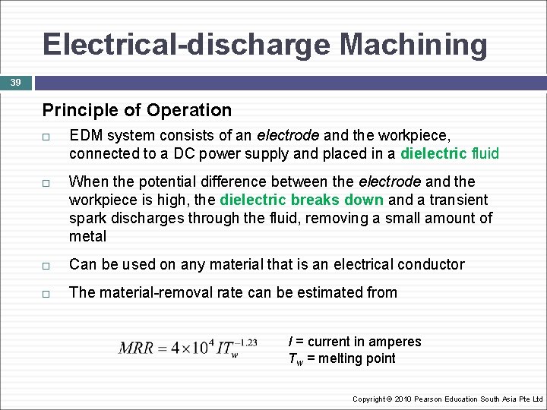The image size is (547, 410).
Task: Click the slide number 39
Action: click(x=16, y=83)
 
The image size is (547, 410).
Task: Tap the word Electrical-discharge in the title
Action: click(x=187, y=44)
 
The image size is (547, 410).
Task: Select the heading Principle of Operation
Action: click(x=137, y=110)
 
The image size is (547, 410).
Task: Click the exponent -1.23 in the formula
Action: click(x=245, y=342)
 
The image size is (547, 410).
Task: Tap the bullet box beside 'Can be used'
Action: click(x=47, y=266)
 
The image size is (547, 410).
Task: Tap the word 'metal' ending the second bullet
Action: click(x=87, y=236)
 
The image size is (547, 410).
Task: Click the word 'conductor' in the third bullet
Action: click(x=429, y=264)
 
